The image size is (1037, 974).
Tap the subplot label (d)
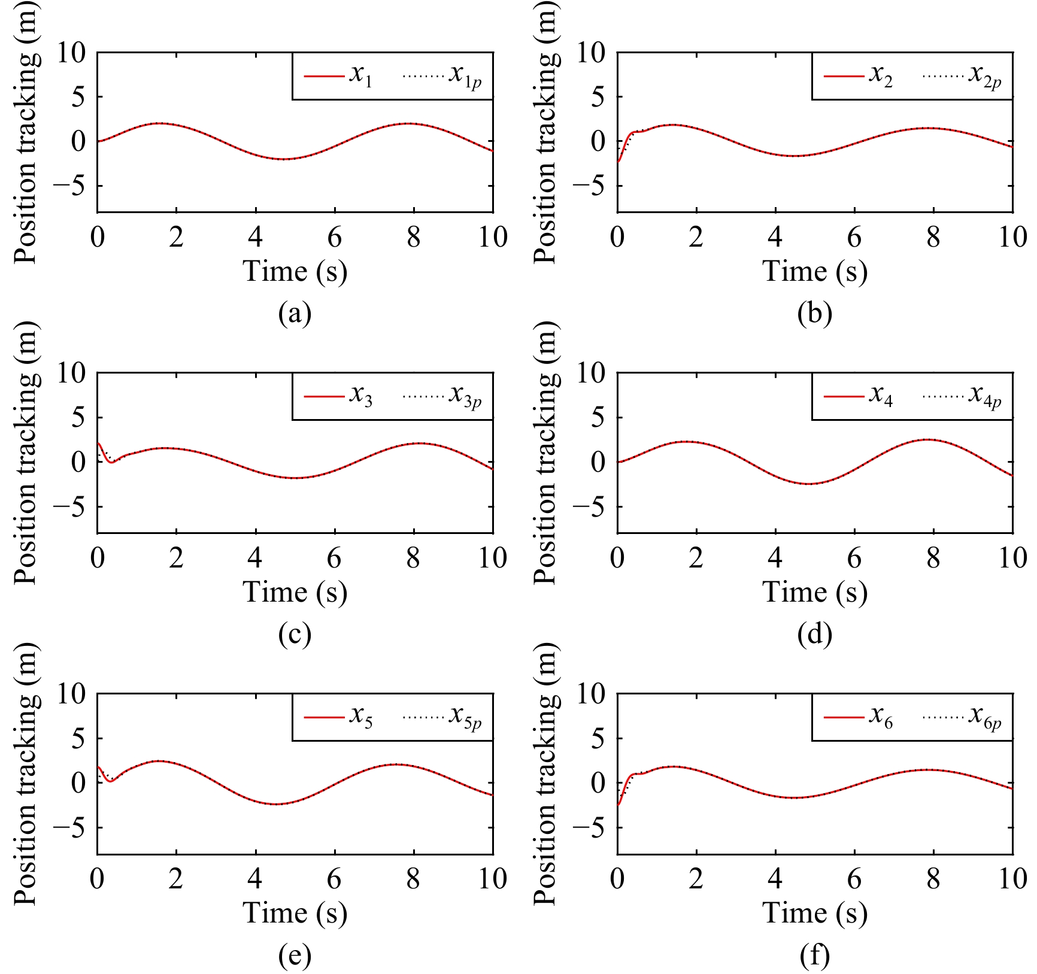[814, 633]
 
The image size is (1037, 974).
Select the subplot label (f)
[814, 955]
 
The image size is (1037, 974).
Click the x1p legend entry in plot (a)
[442, 76]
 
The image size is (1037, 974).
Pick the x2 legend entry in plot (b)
[858, 76]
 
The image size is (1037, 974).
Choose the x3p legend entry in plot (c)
[442, 396]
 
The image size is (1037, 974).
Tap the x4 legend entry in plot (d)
[858, 396]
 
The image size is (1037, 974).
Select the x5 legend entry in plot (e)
[338, 717]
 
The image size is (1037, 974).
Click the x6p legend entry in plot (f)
[962, 717]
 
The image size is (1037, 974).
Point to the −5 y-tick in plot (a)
[69, 186]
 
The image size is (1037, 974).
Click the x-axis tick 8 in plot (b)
[933, 238]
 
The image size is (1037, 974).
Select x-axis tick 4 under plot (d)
[775, 558]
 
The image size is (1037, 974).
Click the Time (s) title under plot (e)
[295, 912]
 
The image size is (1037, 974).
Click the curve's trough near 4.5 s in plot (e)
[275, 804]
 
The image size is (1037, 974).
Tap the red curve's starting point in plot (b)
[618, 162]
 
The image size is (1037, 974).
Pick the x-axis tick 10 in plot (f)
[1012, 879]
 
